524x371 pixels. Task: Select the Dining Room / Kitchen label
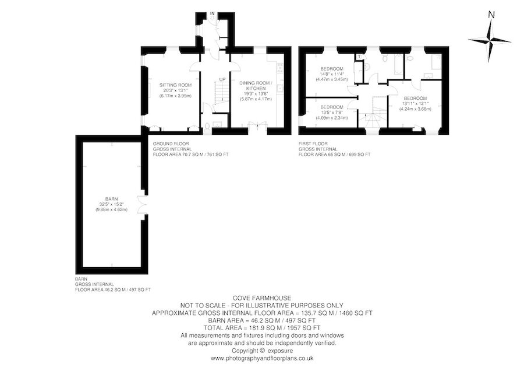tap(256, 91)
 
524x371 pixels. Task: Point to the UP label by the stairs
tap(222, 79)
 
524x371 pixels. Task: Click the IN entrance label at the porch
tap(212, 13)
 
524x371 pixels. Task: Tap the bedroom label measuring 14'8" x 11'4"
tap(332, 74)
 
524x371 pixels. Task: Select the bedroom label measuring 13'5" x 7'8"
tap(332, 113)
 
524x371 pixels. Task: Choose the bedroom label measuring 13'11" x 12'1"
tap(415, 103)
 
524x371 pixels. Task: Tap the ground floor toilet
tap(207, 126)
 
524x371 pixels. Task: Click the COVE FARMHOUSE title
tap(262, 298)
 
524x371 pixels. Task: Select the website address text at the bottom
tap(262, 358)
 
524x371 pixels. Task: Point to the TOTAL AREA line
tap(262, 328)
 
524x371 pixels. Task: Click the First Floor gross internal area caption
tap(334, 149)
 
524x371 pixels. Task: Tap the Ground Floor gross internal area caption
tap(190, 149)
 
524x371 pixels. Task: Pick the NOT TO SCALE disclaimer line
tap(262, 305)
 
